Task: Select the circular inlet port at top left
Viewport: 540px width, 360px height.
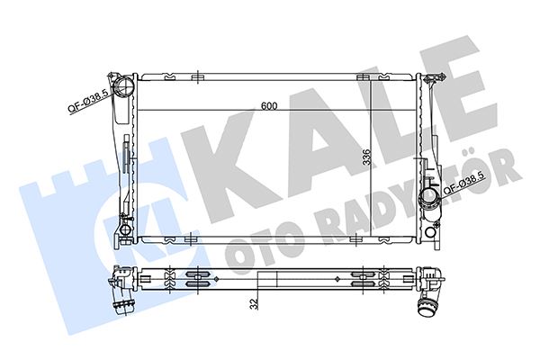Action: (123, 87)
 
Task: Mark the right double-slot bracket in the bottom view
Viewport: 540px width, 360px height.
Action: (364, 277)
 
